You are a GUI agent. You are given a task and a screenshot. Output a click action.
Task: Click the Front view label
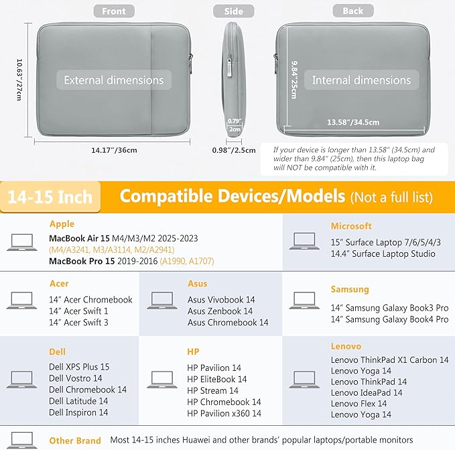point(114,11)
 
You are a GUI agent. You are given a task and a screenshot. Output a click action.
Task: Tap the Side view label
point(234,11)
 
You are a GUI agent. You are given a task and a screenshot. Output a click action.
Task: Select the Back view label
point(353,11)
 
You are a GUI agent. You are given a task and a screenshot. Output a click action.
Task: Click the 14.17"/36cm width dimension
point(114,150)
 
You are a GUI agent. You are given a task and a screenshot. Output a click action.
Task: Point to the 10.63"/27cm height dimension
point(19,80)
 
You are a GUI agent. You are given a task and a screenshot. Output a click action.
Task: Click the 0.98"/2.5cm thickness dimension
point(234,150)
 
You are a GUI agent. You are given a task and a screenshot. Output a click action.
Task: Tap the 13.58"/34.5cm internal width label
point(353,122)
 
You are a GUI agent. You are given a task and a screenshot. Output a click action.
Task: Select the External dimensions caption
point(114,80)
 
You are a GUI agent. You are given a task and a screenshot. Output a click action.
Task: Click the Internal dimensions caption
point(362,80)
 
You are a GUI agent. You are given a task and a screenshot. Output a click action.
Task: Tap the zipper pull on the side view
point(230,67)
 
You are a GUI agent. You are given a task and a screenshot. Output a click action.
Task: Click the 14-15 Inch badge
point(50,197)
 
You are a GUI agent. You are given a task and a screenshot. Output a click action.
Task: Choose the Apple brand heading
point(62,224)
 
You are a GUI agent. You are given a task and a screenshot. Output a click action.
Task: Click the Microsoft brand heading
point(351,226)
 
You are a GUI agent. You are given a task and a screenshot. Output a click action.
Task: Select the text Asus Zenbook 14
point(220,311)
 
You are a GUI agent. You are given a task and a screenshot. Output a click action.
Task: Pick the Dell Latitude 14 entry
point(78,401)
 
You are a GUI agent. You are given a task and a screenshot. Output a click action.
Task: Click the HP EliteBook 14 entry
point(216,379)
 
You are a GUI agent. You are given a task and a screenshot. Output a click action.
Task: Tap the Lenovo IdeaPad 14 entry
point(367,392)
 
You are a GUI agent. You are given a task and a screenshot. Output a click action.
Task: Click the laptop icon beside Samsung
point(304,300)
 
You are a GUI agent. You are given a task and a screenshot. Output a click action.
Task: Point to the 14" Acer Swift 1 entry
point(78,311)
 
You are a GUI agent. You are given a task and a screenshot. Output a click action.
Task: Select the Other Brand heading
point(75,441)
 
